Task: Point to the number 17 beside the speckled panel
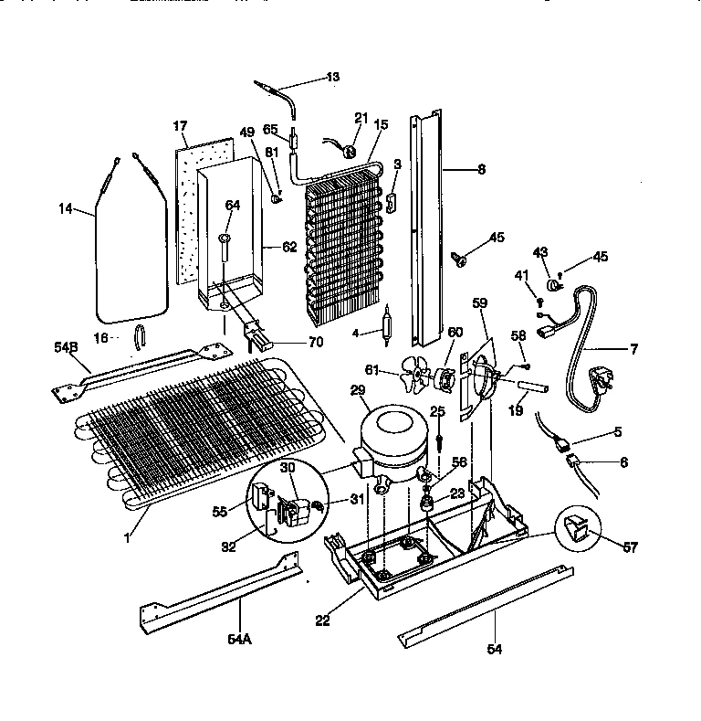point(181,125)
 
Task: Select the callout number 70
point(291,344)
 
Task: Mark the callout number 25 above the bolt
point(438,412)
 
